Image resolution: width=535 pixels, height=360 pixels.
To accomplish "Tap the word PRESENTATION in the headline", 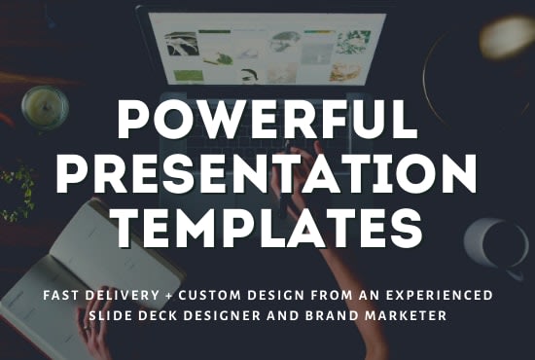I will [x=267, y=176].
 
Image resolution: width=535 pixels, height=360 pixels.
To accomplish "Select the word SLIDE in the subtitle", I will [x=111, y=314].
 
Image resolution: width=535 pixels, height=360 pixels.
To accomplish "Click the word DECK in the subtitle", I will [x=158, y=314].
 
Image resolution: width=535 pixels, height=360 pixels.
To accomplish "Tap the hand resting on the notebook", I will [x=97, y=341].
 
